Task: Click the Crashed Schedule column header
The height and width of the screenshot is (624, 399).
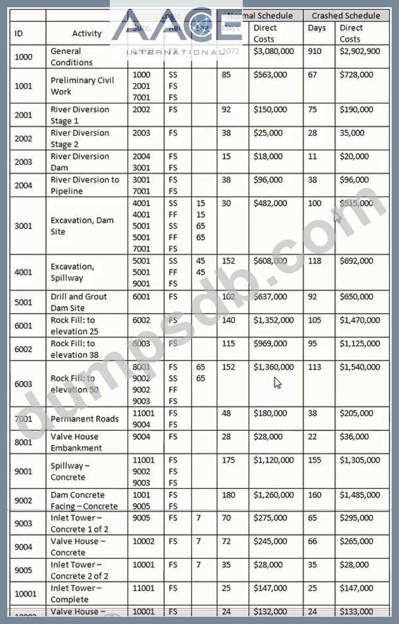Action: (346, 15)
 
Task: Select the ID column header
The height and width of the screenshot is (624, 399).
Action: (19, 34)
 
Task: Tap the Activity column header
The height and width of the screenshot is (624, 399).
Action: (87, 34)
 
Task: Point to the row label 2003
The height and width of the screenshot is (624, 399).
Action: (23, 162)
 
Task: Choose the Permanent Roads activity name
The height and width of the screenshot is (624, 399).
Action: (85, 419)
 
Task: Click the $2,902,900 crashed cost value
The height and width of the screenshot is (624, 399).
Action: (360, 51)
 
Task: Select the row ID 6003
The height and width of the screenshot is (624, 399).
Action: (23, 384)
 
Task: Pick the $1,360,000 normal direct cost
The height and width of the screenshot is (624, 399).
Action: (274, 367)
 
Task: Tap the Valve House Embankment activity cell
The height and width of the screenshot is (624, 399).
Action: (76, 442)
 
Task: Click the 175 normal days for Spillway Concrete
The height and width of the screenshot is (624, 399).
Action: (228, 460)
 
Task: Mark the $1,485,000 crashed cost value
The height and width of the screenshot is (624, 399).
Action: (360, 495)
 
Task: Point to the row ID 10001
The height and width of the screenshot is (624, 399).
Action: (25, 594)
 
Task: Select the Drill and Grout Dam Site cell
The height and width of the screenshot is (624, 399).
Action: (78, 302)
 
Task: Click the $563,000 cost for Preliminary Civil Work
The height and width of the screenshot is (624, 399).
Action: (270, 75)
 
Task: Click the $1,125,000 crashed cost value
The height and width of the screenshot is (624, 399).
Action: (360, 343)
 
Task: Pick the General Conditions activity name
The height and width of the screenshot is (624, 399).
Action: (72, 57)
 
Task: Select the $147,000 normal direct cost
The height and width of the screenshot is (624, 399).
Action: (270, 588)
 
